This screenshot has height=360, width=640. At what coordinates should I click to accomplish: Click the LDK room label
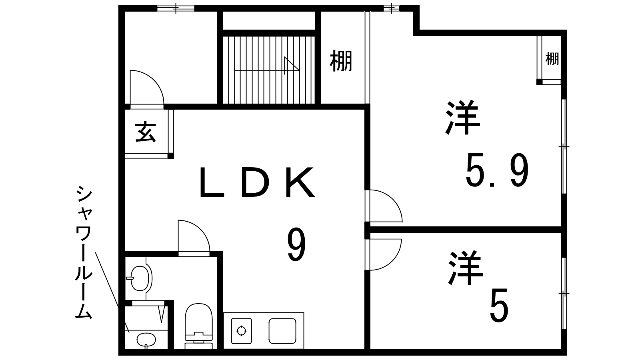257,182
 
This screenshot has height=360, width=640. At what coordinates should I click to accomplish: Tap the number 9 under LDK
296,244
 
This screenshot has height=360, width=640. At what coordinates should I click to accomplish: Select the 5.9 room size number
497,170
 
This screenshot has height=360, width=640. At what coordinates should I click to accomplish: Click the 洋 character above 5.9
463,118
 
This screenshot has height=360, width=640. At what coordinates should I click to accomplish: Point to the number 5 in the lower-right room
499,305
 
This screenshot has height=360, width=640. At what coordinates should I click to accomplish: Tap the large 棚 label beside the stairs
341,61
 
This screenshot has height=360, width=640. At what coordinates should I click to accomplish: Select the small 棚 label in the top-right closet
552,59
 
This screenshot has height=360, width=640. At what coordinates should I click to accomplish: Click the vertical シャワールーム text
84,252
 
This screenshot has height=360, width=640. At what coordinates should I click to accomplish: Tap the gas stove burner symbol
242,331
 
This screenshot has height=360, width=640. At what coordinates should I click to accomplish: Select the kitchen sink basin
282,331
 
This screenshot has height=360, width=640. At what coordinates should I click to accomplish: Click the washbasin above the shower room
140,278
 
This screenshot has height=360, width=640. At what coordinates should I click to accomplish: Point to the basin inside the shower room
146,340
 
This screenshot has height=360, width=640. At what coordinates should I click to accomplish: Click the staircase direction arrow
267,66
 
